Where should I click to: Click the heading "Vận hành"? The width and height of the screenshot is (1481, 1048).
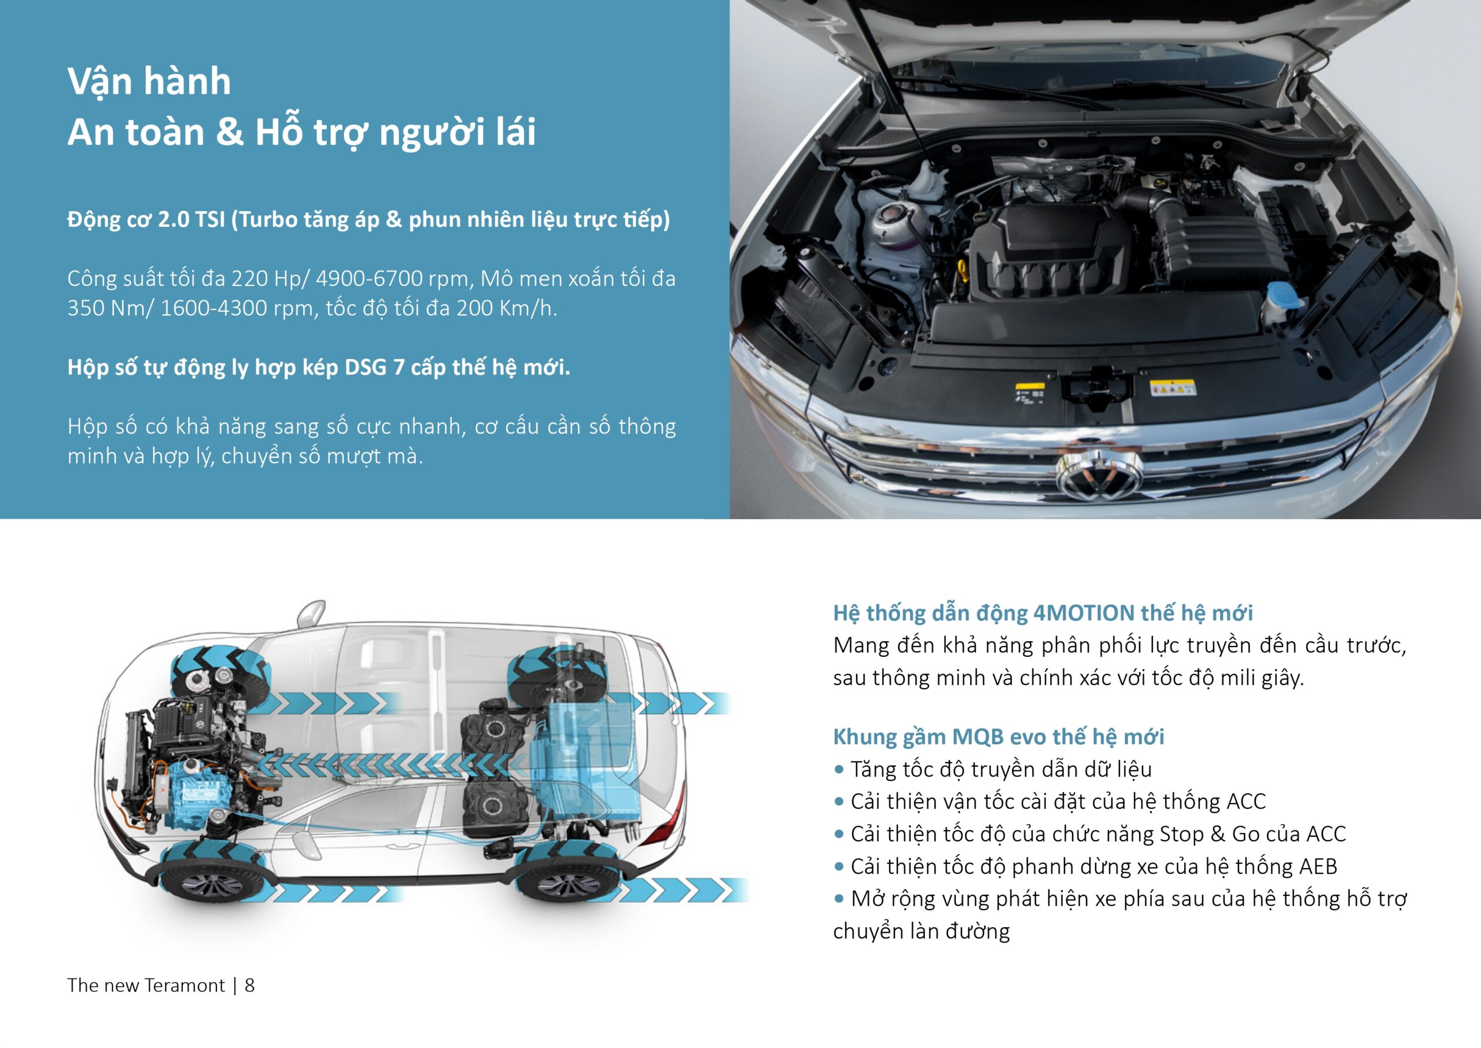tap(149, 82)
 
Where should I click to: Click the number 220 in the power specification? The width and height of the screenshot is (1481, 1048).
tap(249, 279)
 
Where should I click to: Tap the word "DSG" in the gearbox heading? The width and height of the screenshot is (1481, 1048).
tap(365, 367)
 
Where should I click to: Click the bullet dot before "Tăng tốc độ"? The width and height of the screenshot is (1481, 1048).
tap(838, 769)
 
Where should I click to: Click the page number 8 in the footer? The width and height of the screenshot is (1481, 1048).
tap(249, 986)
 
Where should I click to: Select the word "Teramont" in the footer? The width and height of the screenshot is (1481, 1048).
tap(185, 986)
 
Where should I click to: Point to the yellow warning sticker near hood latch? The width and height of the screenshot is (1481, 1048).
tap(1172, 388)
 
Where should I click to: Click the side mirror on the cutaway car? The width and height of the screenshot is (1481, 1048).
tap(312, 612)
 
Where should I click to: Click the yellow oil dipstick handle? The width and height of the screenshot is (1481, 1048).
tap(963, 271)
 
